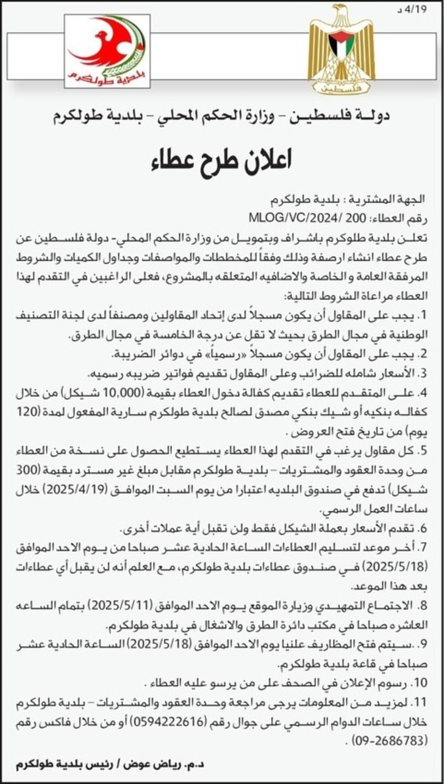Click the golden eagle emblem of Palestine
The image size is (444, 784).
point(341,50)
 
